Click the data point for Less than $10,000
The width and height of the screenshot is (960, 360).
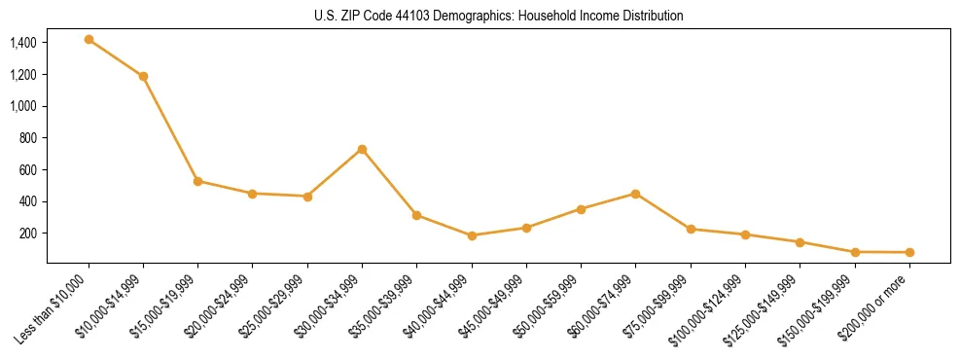[89, 40]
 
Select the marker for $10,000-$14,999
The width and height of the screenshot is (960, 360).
[143, 76]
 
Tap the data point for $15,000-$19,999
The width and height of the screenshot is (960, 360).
[198, 181]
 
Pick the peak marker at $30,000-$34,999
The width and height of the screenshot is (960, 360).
[362, 149]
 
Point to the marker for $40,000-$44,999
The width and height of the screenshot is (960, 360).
[472, 235]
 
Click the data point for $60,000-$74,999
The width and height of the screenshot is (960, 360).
[635, 194]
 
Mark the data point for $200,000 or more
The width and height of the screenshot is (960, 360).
[909, 253]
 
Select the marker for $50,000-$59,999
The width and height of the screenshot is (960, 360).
[581, 209]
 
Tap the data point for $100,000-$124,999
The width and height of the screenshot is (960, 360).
[745, 234]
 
